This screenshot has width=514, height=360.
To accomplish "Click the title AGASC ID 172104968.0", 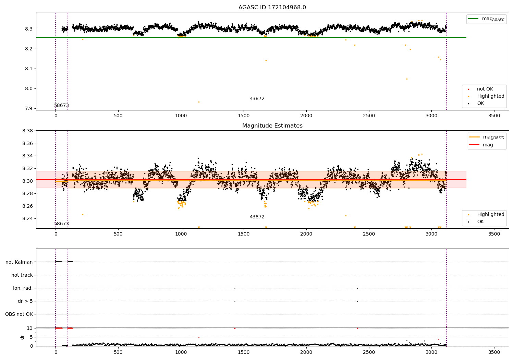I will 272,8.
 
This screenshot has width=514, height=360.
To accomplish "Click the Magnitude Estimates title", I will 272,126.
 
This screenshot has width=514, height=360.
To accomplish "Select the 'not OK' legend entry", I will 485,89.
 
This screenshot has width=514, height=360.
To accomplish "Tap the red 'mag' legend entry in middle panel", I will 488,145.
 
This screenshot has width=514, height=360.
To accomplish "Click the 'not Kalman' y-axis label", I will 19,262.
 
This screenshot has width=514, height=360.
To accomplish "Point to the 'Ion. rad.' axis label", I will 23,288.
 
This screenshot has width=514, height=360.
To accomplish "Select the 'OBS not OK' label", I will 19,314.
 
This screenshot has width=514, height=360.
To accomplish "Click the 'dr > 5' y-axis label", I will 25,301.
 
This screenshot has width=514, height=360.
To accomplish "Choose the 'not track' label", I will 22,275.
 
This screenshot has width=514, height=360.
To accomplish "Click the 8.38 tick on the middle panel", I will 27,131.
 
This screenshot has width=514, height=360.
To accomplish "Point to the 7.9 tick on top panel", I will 29,108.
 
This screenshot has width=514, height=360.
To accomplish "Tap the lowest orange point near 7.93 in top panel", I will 199,102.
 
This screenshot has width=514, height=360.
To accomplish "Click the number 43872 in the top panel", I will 257,99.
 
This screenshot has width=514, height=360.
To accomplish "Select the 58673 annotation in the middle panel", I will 62,224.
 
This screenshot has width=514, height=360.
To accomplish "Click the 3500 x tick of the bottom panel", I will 494,352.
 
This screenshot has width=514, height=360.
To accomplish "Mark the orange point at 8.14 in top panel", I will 266,60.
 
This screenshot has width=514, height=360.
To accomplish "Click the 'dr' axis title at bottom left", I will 22,337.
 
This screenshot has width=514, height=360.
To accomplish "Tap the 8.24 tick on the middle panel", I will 27,218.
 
